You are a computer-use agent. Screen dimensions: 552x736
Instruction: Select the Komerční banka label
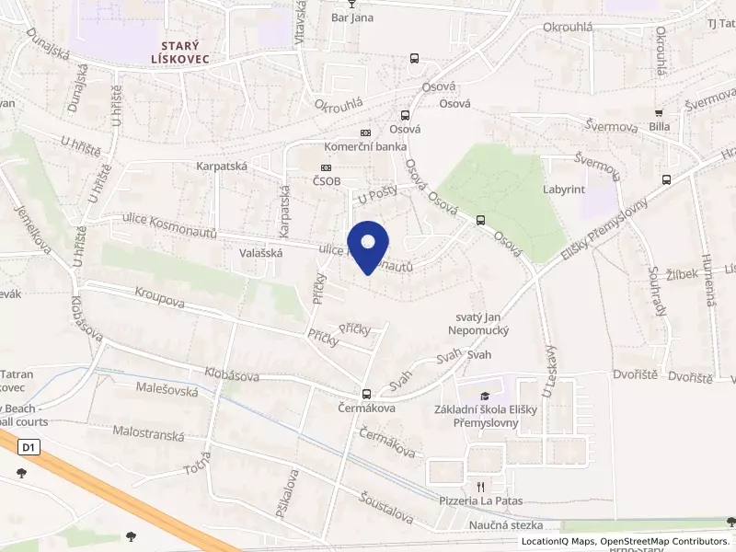[365, 146]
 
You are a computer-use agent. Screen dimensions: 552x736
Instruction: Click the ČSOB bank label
[326, 181]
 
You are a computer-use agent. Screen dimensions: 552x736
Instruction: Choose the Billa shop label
[659, 126]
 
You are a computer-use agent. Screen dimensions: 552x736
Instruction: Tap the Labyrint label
[564, 190]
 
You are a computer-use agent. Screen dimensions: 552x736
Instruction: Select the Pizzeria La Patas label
[479, 500]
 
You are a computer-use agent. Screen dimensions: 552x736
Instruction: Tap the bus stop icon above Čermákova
[366, 393]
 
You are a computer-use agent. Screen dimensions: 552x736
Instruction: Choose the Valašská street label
[260, 251]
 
